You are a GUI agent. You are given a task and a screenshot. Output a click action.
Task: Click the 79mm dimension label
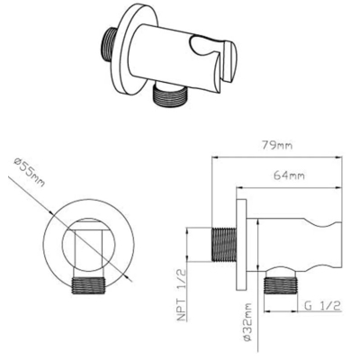click(x=277, y=146)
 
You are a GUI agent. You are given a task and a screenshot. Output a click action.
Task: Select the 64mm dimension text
click(x=289, y=175)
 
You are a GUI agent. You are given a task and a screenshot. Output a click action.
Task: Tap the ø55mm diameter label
click(x=30, y=173)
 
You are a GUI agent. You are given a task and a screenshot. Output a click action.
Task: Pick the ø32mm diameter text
click(x=247, y=322)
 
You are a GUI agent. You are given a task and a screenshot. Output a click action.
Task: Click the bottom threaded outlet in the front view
click(x=89, y=285)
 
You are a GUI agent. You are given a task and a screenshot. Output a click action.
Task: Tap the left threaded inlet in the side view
click(x=224, y=245)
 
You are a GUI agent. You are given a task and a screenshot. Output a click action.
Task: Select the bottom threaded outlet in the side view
click(x=280, y=284)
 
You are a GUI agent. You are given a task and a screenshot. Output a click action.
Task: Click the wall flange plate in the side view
click(x=241, y=245)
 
